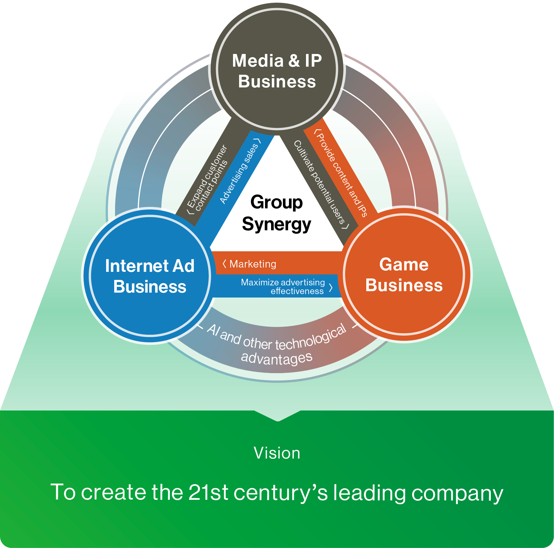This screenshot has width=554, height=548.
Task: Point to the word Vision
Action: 277,453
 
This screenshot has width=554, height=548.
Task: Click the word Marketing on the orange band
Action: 253,264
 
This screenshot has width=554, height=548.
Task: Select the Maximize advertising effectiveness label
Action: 283,286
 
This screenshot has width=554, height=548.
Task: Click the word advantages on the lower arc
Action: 277,358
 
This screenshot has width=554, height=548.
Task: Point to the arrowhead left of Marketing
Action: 224,263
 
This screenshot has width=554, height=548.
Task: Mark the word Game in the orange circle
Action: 404,264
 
